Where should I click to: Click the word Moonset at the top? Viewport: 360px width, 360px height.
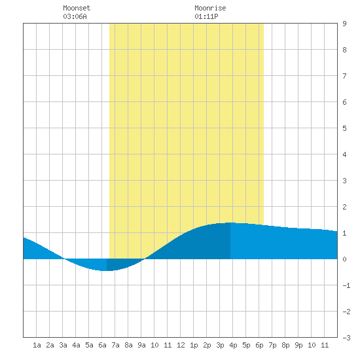(x=77, y=8)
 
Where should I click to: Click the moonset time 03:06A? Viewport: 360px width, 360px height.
(x=75, y=16)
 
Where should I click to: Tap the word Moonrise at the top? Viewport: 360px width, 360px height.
(x=210, y=8)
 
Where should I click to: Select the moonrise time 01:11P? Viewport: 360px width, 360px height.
(x=206, y=16)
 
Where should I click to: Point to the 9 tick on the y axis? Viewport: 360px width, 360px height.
(x=344, y=24)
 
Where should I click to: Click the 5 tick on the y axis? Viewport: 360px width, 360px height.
(x=344, y=128)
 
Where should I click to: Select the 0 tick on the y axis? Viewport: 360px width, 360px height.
(x=344, y=259)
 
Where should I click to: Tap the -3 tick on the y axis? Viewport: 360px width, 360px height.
(x=346, y=338)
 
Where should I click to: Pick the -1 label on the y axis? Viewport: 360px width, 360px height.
(x=346, y=285)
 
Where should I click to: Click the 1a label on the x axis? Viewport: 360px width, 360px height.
(x=37, y=345)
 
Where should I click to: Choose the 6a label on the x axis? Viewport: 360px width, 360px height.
(x=102, y=345)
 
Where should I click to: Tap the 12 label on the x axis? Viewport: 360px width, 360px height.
(x=181, y=345)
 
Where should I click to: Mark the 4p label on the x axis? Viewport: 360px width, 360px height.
(x=233, y=345)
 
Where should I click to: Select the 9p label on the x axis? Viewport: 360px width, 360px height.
(x=298, y=345)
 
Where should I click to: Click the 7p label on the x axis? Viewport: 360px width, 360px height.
(x=272, y=345)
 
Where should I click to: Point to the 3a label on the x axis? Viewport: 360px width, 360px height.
(x=63, y=345)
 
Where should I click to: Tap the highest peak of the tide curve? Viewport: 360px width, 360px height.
(x=230, y=223)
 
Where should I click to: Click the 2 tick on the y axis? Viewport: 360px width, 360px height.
(x=344, y=207)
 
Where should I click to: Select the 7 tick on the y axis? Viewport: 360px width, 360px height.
(x=344, y=76)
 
